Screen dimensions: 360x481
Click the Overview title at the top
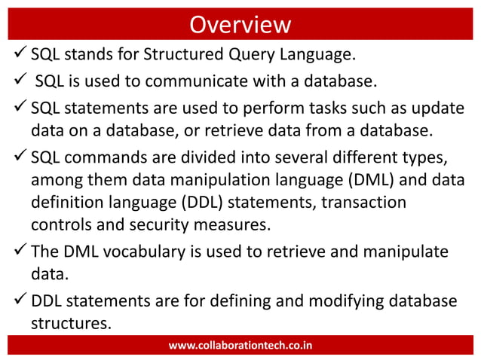point(240,25)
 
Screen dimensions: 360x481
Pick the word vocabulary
point(143,251)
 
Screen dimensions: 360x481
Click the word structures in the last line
point(69,323)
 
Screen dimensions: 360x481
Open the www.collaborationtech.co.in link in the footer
point(240,346)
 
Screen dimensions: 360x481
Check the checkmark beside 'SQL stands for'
point(19,54)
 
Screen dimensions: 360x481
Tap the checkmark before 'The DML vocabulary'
point(19,251)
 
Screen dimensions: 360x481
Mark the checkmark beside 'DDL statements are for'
point(19,301)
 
